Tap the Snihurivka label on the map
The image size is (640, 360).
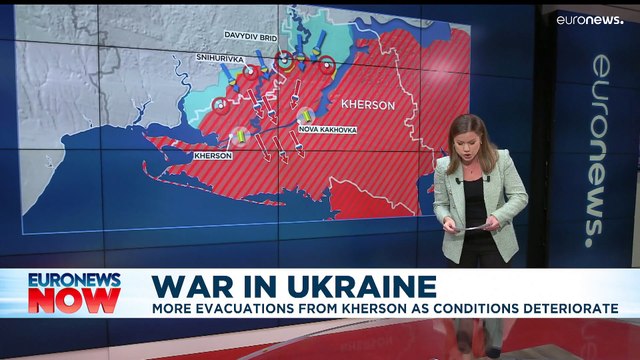click(220, 59)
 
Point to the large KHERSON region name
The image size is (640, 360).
click(367, 104)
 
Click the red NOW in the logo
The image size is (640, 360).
click(74, 300)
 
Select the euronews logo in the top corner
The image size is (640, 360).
click(589, 19)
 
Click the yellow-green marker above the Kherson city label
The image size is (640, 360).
click(239, 136)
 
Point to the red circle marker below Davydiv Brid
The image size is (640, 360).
click(285, 60)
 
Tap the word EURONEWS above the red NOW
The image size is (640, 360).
click(74, 281)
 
